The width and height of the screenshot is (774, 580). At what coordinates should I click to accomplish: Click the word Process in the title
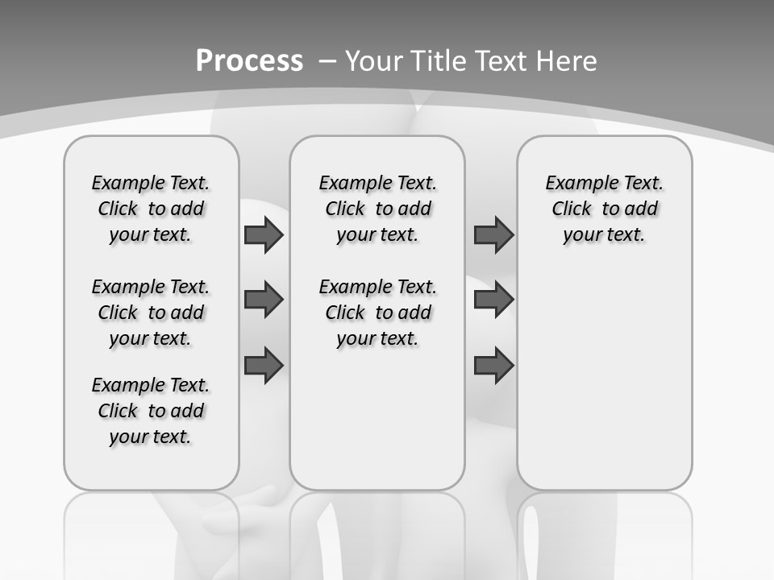click(x=249, y=61)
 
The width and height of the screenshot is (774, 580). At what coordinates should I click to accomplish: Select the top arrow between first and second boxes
click(x=264, y=234)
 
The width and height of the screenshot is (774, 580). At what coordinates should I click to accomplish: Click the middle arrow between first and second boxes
click(x=264, y=300)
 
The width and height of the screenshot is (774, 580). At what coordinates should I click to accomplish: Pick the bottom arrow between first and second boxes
click(x=264, y=365)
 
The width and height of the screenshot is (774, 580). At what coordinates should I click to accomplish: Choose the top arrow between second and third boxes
click(x=493, y=234)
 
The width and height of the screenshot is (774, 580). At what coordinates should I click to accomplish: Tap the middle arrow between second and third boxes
click(x=493, y=300)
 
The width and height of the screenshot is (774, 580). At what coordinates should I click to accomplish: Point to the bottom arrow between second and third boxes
click(x=493, y=365)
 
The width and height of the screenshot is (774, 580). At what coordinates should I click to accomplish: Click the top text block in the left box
click(x=151, y=209)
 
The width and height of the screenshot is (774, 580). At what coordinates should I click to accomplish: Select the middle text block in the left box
click(x=151, y=313)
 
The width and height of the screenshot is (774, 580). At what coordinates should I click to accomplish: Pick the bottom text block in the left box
click(x=151, y=411)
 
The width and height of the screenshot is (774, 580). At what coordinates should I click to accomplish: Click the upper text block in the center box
click(x=377, y=209)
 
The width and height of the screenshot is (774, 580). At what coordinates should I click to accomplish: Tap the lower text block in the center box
click(x=377, y=313)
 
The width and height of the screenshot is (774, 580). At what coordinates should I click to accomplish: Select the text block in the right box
click(x=604, y=209)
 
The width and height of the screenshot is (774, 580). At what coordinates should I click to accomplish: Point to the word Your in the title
click(x=373, y=61)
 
